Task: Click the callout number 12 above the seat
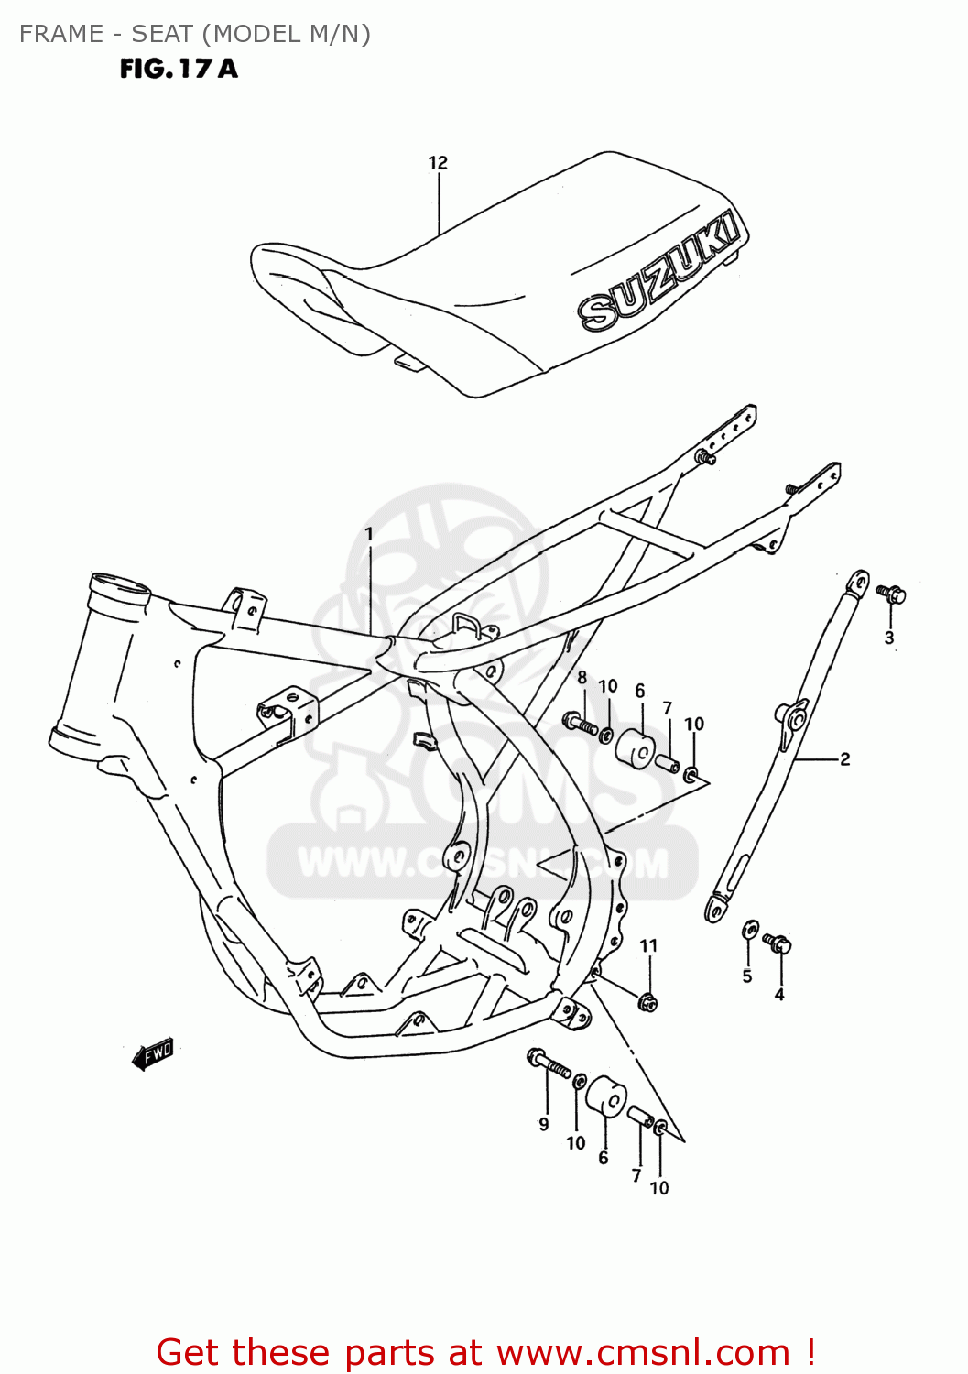tap(438, 163)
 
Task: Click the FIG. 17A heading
tap(179, 69)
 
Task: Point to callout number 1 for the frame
tap(369, 533)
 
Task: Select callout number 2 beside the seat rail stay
tap(844, 759)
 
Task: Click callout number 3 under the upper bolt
tap(889, 638)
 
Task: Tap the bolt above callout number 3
tap(891, 594)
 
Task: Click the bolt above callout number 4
tap(777, 942)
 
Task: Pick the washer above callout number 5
tap(749, 931)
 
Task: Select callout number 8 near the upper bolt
tap(582, 678)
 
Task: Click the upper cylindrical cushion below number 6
tap(634, 749)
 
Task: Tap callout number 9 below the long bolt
tap(544, 1124)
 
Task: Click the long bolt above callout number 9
tap(549, 1063)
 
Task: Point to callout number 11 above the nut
tap(648, 946)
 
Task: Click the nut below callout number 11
tap(647, 1002)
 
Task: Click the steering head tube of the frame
tap(101, 660)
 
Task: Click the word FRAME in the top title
tap(61, 34)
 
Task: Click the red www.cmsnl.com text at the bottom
tap(643, 1353)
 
